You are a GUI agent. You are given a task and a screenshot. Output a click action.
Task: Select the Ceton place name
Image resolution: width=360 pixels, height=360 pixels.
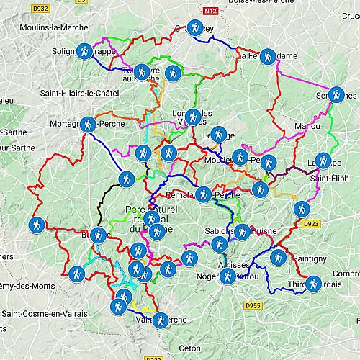190,348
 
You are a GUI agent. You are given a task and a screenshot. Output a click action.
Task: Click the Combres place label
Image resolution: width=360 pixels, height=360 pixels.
346,273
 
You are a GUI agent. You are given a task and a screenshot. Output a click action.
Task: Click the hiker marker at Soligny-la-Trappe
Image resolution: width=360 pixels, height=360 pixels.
85,52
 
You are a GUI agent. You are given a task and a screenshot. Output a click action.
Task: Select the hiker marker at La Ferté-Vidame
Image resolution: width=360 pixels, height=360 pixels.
268,55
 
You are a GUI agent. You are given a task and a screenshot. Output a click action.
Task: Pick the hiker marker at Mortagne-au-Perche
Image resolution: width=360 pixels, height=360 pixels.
88,125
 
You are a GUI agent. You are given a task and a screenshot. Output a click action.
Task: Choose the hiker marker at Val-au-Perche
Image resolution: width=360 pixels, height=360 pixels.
160,319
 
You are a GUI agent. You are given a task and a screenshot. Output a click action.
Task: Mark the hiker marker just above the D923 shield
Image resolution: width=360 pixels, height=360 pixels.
302,209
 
